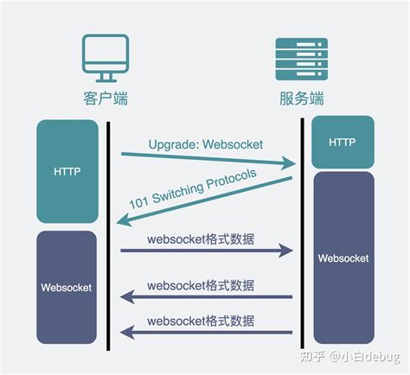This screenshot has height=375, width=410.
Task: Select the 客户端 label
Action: [105, 99]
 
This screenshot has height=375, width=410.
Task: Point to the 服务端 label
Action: [298, 99]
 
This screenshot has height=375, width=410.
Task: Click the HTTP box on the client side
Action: [67, 171]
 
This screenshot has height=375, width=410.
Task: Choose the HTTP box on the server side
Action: [343, 141]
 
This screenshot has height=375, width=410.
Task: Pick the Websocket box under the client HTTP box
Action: [67, 286]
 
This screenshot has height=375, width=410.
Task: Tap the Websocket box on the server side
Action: [343, 257]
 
